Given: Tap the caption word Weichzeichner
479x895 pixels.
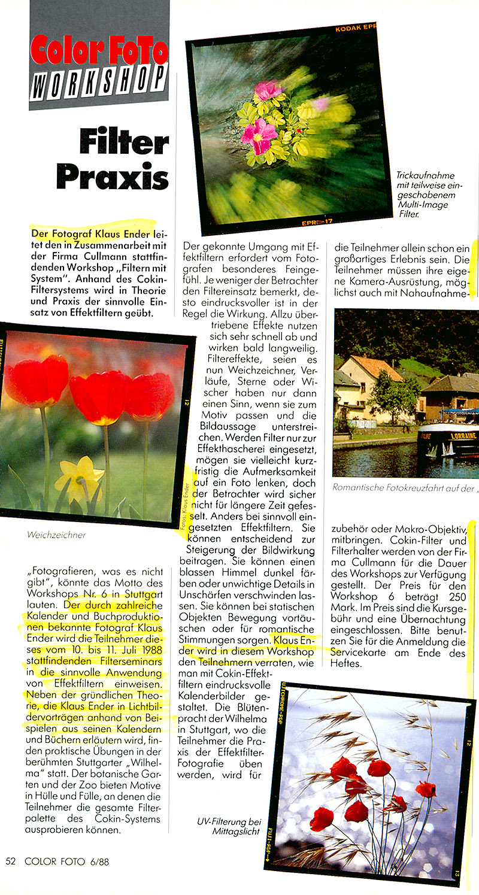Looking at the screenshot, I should [56, 535].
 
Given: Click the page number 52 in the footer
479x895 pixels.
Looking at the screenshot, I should [11, 862].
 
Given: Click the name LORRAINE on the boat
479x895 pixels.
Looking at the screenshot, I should [463, 436].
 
